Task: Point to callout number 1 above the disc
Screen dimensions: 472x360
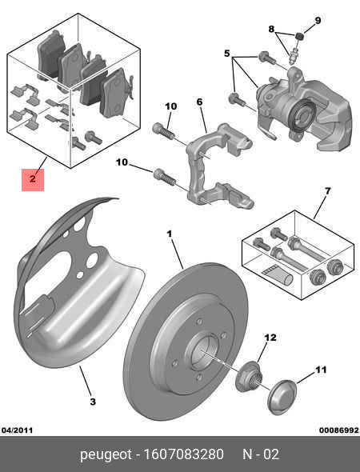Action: click(x=170, y=234)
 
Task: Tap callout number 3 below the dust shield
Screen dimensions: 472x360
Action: click(x=92, y=401)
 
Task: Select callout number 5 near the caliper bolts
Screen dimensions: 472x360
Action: click(x=227, y=54)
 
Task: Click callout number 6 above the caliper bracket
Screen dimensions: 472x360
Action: click(x=199, y=102)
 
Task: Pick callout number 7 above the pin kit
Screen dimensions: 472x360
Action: click(x=326, y=190)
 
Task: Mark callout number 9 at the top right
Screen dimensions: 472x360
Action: click(x=317, y=20)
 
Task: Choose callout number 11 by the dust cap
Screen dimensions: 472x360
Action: click(x=321, y=370)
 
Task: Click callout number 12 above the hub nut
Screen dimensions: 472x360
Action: click(x=270, y=338)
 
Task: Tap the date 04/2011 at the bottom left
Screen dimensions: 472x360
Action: click(x=18, y=430)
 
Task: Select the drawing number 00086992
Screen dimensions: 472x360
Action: click(x=338, y=430)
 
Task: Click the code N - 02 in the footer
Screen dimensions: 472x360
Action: click(x=261, y=454)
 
